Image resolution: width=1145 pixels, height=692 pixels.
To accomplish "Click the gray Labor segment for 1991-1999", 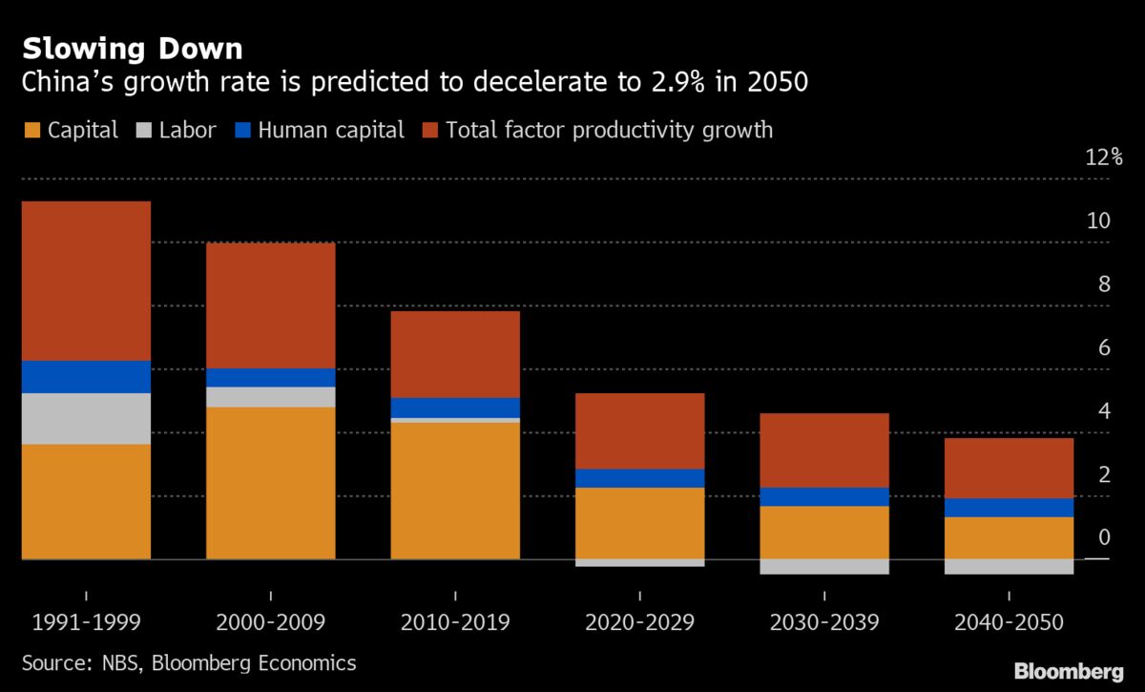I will tap(86, 418).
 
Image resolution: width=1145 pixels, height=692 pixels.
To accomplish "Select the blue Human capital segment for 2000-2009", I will tap(271, 377).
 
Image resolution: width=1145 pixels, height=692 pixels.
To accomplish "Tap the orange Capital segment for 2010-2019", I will tap(455, 490).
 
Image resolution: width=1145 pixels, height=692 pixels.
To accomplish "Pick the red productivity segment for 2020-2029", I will tap(640, 430).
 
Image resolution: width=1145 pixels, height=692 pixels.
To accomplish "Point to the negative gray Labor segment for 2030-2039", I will tap(824, 566).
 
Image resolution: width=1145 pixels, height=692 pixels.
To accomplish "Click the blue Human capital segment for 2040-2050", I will tap(1010, 507).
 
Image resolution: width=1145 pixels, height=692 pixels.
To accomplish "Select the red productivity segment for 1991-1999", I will tap(86, 281).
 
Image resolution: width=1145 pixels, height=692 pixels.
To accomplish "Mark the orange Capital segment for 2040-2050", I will tap(1010, 537).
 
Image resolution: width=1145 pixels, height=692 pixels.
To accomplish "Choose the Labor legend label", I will tap(189, 130).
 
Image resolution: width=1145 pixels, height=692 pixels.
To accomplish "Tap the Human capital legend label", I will tap(331, 130).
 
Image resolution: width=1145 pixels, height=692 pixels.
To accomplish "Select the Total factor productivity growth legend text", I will tap(609, 130).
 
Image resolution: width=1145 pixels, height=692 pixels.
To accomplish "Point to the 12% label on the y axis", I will tap(1104, 157).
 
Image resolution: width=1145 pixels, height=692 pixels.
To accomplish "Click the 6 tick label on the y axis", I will tap(1104, 347).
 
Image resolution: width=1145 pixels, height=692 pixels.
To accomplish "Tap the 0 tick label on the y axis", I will tap(1104, 537).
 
